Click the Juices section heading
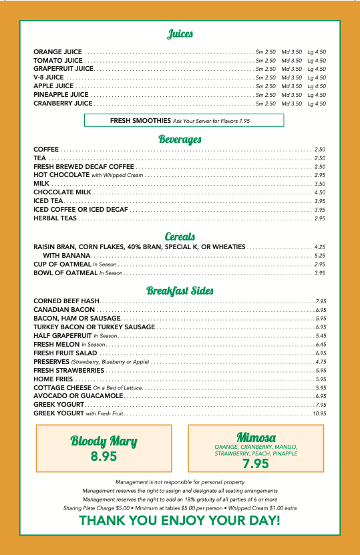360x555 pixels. (x=180, y=34)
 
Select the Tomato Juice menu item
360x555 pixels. (x=58, y=60)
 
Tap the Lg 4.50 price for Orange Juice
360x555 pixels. (x=317, y=52)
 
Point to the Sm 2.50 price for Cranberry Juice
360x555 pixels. (x=266, y=104)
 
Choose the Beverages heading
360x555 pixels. (x=180, y=140)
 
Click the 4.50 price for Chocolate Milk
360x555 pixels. (x=319, y=192)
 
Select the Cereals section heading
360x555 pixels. (x=180, y=236)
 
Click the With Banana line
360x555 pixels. (x=67, y=256)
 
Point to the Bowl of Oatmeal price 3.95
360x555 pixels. (x=319, y=273)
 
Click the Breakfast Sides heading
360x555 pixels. (x=180, y=291)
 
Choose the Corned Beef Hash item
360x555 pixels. (x=66, y=301)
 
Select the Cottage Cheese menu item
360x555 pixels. (x=62, y=387)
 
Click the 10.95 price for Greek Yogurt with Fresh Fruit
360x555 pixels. (x=318, y=413)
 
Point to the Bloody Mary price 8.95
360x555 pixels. (x=104, y=457)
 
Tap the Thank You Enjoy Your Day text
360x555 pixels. (x=180, y=520)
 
